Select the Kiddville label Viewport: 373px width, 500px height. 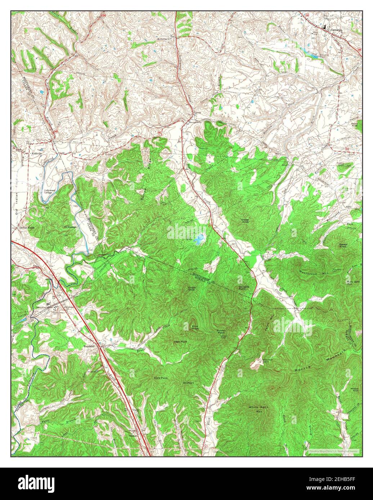pos(37,154)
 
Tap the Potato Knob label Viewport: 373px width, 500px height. pos(342,246)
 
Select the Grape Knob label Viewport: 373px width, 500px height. pos(192,288)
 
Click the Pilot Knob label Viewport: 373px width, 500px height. pos(195,327)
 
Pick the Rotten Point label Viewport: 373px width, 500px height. pos(221,331)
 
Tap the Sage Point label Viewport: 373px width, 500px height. pos(180,341)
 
